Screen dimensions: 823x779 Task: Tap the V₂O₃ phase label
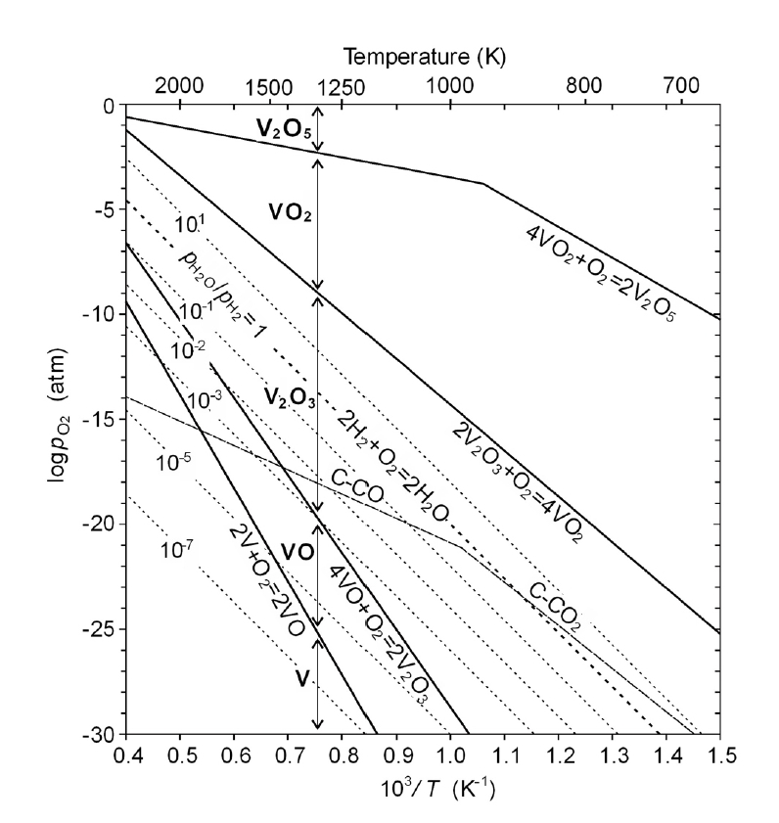tap(287, 397)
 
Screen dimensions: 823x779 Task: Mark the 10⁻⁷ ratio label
tap(176, 551)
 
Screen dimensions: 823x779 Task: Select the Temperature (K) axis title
tap(422, 56)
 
